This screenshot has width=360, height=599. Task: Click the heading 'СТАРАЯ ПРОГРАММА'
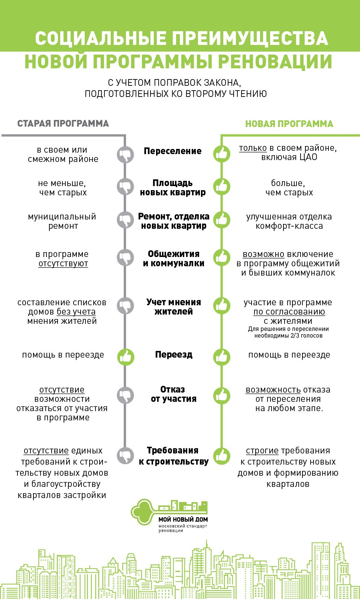coord(63,124)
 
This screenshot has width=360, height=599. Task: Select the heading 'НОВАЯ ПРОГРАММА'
coord(289,124)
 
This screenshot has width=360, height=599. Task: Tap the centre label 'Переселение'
coord(173,151)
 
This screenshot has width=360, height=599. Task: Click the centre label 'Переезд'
coord(173,355)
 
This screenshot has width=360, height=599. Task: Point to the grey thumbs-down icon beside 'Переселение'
coord(125,154)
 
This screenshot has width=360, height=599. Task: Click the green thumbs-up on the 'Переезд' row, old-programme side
coord(125,357)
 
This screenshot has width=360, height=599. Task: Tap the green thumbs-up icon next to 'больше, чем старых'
coord(222,186)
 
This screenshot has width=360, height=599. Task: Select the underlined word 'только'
coord(253,148)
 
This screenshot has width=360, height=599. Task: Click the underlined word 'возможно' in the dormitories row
coord(263,254)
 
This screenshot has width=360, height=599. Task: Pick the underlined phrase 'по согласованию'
coord(289,312)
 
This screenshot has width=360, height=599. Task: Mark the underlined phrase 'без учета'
coord(76,312)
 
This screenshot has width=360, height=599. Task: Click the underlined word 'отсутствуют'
coord(63,264)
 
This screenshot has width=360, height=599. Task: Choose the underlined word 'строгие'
coord(262,451)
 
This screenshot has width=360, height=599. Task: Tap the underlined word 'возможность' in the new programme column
coord(273,390)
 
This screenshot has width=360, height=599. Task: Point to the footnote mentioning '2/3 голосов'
coord(288,332)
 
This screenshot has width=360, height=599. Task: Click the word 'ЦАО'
coord(309,157)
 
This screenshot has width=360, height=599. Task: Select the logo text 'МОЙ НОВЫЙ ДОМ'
coord(183,520)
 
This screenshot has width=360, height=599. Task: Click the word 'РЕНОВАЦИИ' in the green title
coord(275,62)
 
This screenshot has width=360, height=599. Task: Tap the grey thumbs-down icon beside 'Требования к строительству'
coord(125,455)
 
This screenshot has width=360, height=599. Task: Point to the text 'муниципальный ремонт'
coord(62,221)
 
